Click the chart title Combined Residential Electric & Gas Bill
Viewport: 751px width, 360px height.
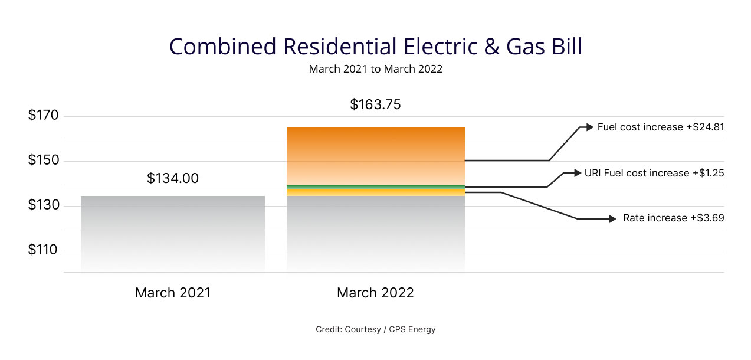coord(375,47)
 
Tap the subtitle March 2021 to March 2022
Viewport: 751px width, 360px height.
coord(375,69)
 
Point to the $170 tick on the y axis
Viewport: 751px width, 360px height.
coord(44,115)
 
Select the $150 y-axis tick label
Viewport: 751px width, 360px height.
coord(44,161)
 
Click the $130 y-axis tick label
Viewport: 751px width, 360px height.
coord(44,205)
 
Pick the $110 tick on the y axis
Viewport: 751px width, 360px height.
coord(44,250)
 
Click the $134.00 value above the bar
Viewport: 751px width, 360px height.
coord(172,178)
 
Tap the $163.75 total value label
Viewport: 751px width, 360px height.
coord(375,105)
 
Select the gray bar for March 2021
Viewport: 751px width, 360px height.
coord(172,233)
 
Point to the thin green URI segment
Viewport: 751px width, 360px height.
coord(375,187)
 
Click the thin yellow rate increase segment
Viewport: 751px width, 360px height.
coord(375,192)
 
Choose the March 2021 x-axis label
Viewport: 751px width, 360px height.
coord(172,293)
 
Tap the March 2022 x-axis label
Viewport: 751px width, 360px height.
coord(375,293)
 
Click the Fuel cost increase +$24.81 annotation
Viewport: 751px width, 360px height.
coord(660,127)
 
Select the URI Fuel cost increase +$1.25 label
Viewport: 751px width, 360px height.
coord(654,173)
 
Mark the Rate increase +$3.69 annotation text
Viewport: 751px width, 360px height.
coord(673,218)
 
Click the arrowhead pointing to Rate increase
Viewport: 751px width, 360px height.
coord(612,219)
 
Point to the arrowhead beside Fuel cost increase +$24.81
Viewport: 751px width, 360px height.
coord(589,127)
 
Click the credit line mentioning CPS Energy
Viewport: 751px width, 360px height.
coord(375,329)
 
